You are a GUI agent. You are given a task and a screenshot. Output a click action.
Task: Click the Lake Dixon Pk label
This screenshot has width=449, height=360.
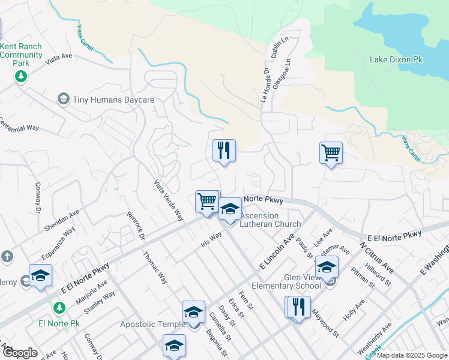coord(396,60)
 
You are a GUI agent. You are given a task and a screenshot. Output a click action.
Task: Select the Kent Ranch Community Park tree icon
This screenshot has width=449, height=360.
coord(21,76)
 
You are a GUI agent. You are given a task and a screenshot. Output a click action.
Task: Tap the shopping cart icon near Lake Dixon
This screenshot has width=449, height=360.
coord(331,153)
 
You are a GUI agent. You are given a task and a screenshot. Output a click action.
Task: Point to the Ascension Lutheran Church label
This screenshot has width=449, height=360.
coord(270,220)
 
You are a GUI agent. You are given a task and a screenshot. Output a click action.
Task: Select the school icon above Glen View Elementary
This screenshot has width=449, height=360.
coord(327,266)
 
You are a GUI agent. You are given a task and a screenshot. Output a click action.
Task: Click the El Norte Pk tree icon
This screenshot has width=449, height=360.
coord(59,308)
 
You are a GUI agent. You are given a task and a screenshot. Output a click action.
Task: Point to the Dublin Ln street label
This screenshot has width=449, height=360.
coord(276,46)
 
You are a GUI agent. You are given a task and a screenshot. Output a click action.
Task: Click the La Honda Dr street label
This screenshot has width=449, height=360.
coord(264,85)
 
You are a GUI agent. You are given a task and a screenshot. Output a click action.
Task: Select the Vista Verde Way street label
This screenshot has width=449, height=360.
coord(169,200)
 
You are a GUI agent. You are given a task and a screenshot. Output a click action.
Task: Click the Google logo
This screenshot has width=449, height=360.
coord(19,353)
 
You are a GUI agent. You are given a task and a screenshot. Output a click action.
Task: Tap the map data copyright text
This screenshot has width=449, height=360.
coord(411,355)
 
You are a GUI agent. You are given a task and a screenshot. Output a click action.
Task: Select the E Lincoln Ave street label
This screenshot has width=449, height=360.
coord(276,251)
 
